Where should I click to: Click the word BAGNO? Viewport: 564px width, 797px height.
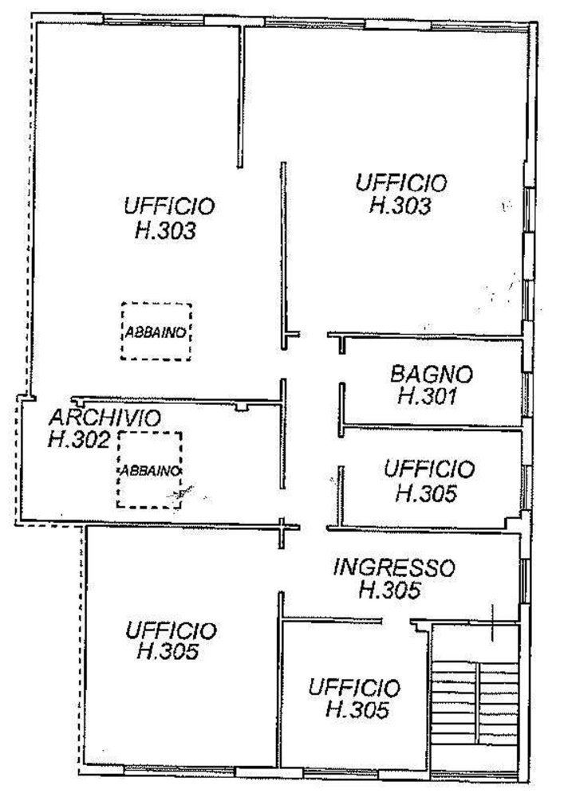coord(432,373)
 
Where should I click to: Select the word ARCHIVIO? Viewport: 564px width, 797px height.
coord(105,418)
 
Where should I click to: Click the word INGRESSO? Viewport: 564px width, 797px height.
coord(394,568)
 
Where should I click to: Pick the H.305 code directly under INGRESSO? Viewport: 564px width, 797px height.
coord(389,591)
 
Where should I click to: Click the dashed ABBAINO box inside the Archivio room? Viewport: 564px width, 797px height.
coord(149,469)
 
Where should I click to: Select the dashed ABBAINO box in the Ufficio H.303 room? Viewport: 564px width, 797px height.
coord(156,332)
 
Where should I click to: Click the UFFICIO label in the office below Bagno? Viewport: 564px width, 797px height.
coord(428,469)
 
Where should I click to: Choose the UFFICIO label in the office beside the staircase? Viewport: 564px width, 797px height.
coord(354,687)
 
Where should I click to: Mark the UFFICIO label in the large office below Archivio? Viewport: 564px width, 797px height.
coord(170,631)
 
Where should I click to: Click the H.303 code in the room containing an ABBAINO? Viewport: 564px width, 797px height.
coord(167,232)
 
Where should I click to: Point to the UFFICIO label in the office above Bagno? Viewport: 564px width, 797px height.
coord(401,183)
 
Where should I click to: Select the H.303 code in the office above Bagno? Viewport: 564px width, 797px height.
coord(401,206)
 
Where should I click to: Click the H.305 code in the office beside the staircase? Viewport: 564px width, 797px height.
coord(357,709)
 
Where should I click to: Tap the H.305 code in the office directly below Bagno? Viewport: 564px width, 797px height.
coord(426,493)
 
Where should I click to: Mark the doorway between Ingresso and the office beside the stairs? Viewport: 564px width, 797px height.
coord(396,621)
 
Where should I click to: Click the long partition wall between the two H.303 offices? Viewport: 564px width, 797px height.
coord(282,251)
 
